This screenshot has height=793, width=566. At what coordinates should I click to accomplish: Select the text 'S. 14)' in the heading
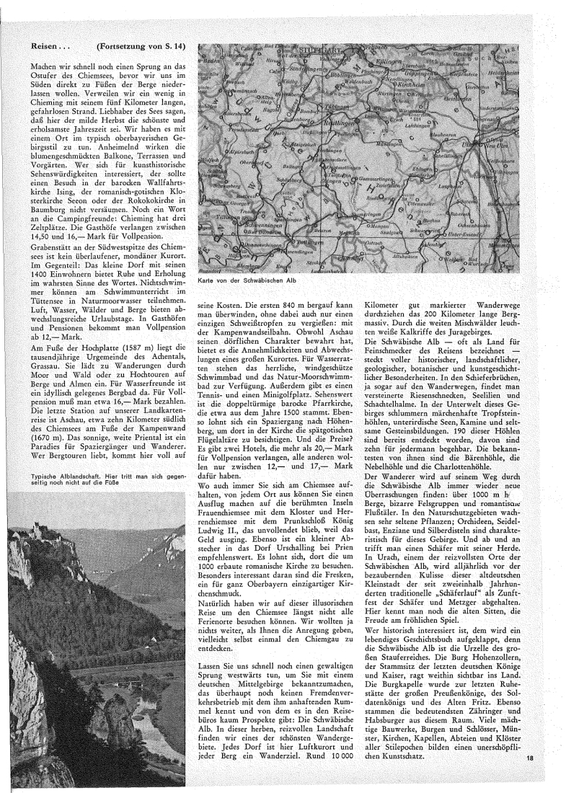coord(171,46)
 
